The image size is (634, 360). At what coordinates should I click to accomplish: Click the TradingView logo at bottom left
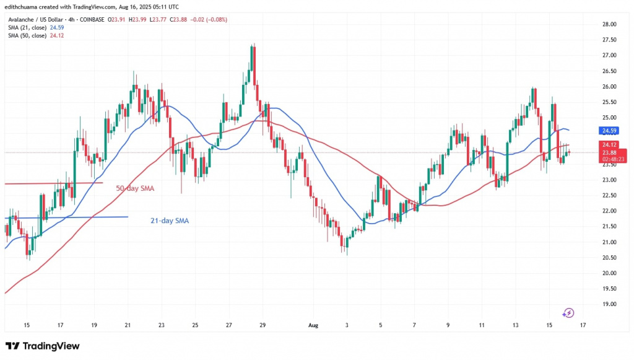[x=43, y=346]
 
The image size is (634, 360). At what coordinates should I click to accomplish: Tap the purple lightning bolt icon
[x=568, y=313]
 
